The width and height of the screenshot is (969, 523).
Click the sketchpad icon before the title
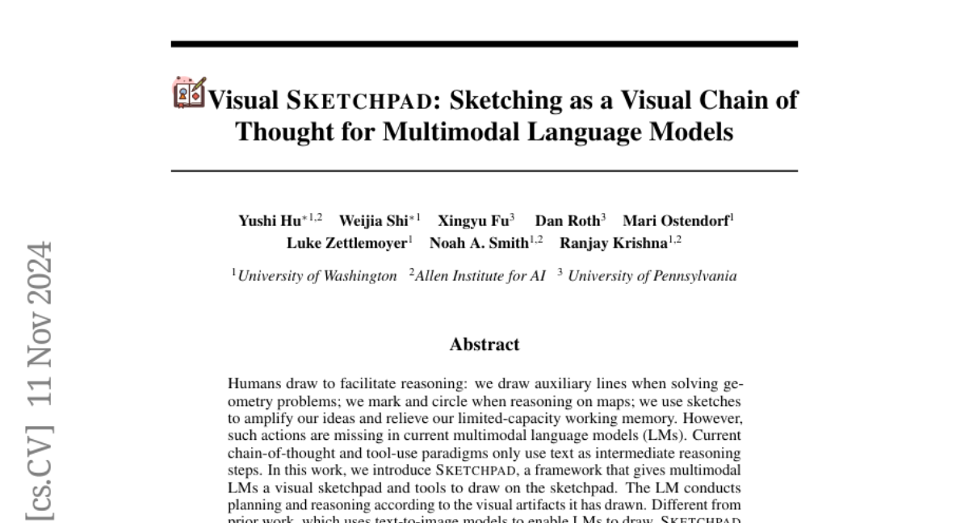click(x=190, y=93)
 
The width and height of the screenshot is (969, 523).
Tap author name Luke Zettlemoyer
click(x=346, y=243)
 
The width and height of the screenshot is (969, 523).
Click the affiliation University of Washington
click(x=317, y=276)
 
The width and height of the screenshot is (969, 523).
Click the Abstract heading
click(x=484, y=345)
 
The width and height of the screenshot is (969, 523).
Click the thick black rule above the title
click(x=484, y=44)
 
